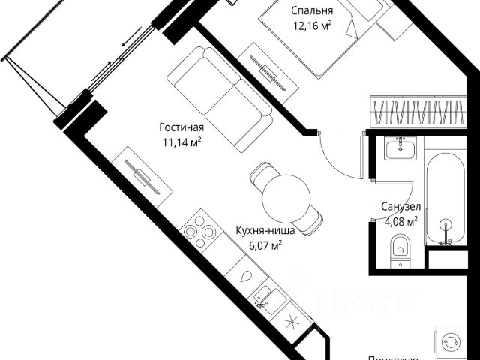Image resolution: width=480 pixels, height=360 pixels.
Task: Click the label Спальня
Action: (312, 10)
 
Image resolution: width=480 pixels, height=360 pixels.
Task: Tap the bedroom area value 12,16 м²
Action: (312, 25)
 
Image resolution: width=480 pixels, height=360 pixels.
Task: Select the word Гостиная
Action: (181, 127)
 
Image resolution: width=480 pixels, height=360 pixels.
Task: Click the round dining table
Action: (285, 198)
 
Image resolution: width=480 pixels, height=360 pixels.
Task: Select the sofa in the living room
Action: (220, 93)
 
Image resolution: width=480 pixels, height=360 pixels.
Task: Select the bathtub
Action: (446, 199)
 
